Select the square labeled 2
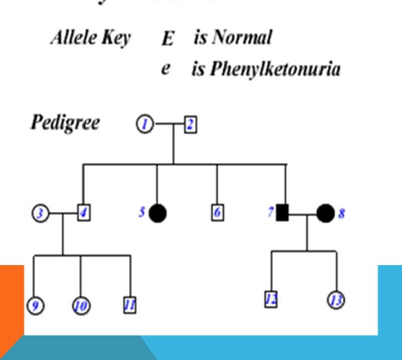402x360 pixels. pos(190,125)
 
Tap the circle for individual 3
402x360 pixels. pos(41,213)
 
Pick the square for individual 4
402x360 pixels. pos(84,213)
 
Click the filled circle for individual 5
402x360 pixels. pos(158,213)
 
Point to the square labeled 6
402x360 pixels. pos(217,213)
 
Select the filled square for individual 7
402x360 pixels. pos(282,213)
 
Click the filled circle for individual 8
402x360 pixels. pos(325,213)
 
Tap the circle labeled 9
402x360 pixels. pos(35,305)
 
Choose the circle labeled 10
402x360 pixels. pos(80,305)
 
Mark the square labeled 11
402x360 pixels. pos(130,304)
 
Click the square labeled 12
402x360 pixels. pos(271,299)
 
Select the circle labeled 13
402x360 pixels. pos(336,300)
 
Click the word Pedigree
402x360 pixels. pos(65,122)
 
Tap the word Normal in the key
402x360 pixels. pos(241,38)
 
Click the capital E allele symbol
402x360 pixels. pos(167,39)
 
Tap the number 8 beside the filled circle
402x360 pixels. pos(342,213)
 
